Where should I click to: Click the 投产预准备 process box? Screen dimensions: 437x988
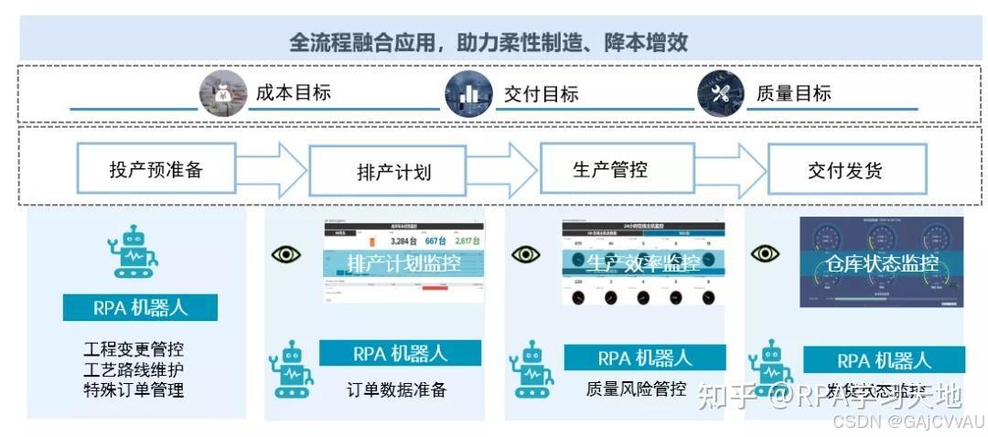[x=156, y=169]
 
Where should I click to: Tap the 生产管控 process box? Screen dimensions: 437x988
[x=610, y=169]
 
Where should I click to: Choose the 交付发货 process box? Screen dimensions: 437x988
[x=845, y=170]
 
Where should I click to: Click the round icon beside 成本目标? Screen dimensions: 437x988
[x=223, y=93]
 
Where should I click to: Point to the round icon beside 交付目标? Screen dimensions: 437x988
[x=468, y=93]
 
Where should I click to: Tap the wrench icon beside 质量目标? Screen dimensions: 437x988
[x=721, y=93]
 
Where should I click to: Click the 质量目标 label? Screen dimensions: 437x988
[x=794, y=93]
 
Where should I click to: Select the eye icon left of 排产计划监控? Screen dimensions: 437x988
[x=286, y=254]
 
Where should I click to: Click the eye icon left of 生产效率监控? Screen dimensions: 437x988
[x=525, y=254]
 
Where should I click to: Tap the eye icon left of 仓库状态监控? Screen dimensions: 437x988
[x=764, y=254]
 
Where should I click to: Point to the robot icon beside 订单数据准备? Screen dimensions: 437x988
[x=291, y=368]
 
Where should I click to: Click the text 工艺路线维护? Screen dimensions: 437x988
[x=134, y=370]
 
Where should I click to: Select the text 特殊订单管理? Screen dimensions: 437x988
[x=134, y=390]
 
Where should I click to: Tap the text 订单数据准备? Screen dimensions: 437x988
[x=397, y=389]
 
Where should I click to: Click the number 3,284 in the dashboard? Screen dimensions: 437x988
[x=403, y=241]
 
